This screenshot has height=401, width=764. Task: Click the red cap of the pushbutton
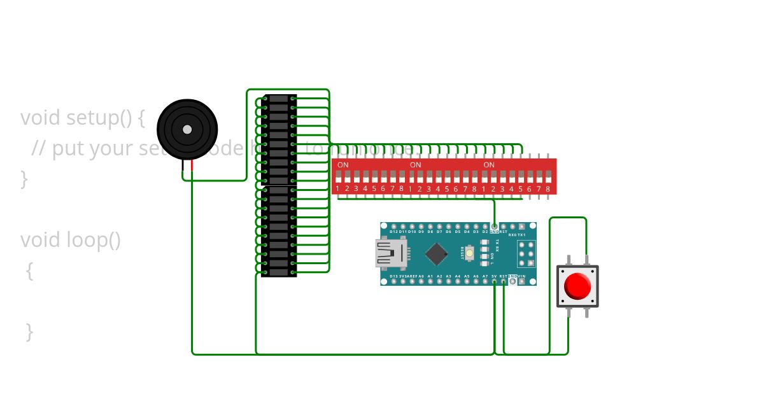point(578,286)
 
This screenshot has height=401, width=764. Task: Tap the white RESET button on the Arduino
point(469,253)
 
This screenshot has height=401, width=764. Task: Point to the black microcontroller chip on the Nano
point(436,253)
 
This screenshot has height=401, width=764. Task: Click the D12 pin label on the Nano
point(393,232)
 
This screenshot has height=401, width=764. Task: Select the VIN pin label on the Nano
point(521,276)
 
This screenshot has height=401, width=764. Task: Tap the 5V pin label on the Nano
point(494,276)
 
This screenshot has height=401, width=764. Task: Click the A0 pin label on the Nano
point(421,276)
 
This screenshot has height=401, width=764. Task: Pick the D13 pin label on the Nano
point(393,276)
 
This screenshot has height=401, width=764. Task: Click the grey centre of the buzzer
point(187,129)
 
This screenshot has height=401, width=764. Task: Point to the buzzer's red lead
point(192,165)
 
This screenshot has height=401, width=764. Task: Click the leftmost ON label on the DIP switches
point(343,165)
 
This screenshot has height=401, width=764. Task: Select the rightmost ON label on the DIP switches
point(489,165)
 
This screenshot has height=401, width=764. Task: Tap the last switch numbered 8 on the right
point(548,188)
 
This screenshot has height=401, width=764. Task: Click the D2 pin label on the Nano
point(485,232)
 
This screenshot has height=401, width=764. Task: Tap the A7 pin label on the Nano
point(485,276)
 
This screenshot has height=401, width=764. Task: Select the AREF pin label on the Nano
point(412,276)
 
